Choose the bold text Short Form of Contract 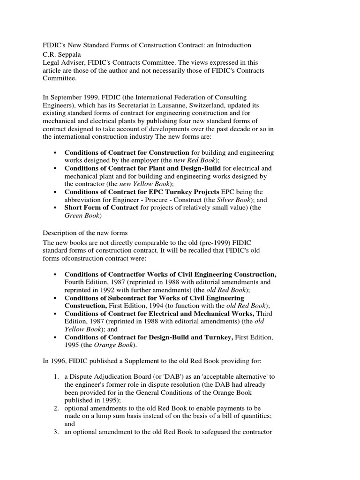tap(101, 208)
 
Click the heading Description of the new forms tap(85, 233)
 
